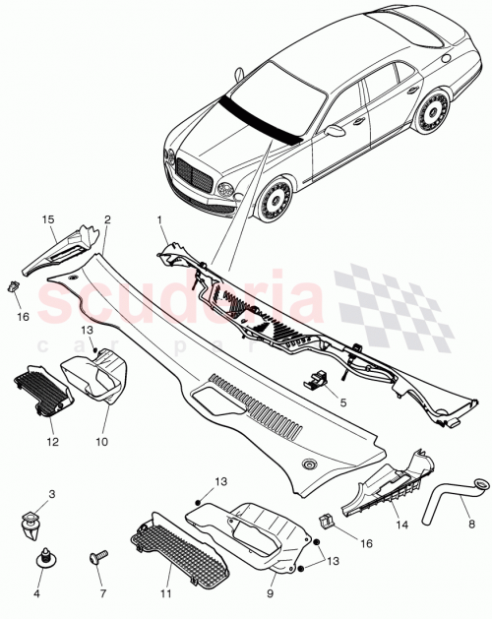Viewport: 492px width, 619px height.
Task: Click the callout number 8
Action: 470,526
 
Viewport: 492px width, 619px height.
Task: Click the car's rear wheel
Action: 431,115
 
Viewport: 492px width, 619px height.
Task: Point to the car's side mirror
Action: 336,130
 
